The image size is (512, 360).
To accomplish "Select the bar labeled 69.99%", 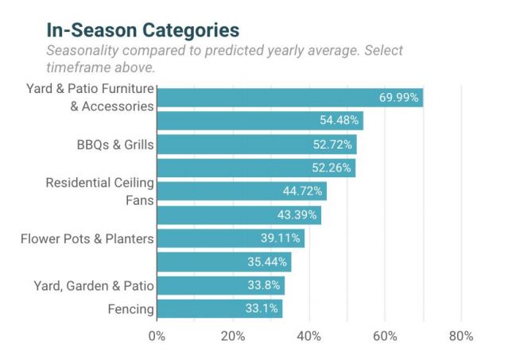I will pos(289,98).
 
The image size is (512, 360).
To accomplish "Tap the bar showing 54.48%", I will pos(259,122).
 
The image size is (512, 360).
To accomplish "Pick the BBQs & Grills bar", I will pos(256,145).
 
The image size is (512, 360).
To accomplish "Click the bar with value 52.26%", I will pos(255,168).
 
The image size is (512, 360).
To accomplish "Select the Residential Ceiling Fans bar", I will pos(241,192).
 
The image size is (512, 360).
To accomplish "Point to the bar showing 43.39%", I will pos(239,215).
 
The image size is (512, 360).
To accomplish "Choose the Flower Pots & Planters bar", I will pos(231,238).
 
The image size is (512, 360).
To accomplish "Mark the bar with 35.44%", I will pos(223,261).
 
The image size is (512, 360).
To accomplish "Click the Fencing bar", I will pos(219,308).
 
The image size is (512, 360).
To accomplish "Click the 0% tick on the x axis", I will pos(157,336).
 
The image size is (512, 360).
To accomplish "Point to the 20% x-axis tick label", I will pos(233,336).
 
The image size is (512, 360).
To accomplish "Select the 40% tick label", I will pos(309,336).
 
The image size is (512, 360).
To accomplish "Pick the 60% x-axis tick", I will pos(385,336).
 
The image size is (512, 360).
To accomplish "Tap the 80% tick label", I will pos(461,336).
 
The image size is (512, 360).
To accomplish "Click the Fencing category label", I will pos(130,308).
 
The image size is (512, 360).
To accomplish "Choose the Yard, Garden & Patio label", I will pos(94,285).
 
